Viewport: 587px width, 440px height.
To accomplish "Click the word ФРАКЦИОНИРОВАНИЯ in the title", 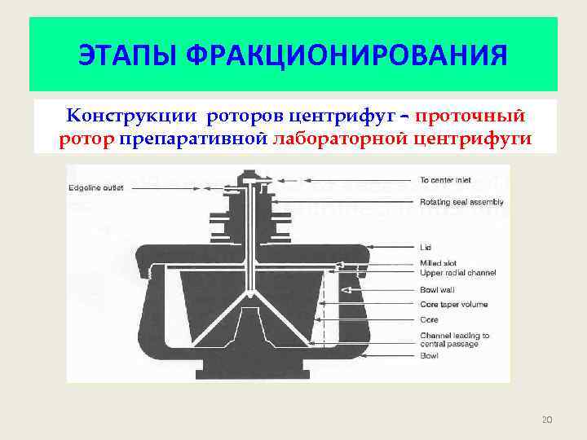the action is click(x=346, y=56).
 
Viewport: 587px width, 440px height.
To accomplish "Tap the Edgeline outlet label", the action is click(x=95, y=189).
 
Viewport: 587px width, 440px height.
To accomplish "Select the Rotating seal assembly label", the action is click(x=461, y=202).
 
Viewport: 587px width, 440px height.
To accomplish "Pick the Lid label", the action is click(x=425, y=246).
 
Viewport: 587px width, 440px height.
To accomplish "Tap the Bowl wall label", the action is click(x=436, y=288).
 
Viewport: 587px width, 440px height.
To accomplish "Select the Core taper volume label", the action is click(x=453, y=304).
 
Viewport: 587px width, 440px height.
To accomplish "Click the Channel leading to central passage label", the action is click(x=454, y=339).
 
